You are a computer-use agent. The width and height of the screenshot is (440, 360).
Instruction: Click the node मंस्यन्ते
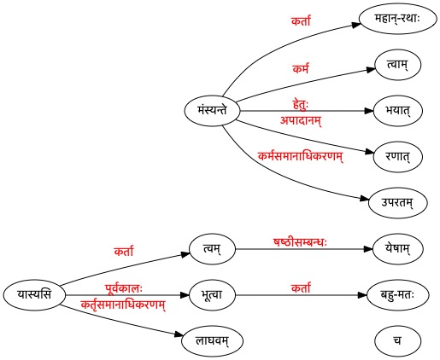(x=212, y=111)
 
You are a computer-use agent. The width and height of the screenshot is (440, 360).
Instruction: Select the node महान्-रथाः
(x=397, y=19)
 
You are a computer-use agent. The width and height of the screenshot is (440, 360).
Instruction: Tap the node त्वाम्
(x=397, y=65)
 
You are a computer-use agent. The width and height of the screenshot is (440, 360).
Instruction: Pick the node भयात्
(x=397, y=111)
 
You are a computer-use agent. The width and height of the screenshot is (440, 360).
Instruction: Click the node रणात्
(x=397, y=157)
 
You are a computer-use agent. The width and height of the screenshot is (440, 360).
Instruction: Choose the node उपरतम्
(x=397, y=203)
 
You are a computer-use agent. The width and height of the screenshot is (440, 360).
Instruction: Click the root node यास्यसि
(x=34, y=295)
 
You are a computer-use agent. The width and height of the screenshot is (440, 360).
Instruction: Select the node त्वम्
(x=212, y=249)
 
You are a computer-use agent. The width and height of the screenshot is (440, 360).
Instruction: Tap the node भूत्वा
(x=212, y=295)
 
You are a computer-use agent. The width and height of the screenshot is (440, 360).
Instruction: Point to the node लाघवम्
(x=212, y=341)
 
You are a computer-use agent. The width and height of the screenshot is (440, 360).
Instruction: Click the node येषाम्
(x=397, y=249)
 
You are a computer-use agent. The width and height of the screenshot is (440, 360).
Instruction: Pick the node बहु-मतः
(x=397, y=295)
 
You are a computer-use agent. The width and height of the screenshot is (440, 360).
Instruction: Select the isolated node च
(x=397, y=341)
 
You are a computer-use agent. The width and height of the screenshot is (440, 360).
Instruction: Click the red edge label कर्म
(x=301, y=69)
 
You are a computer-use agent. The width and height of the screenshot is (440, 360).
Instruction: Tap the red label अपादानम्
(x=301, y=120)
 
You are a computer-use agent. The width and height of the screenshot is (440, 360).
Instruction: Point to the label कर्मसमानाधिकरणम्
(x=301, y=156)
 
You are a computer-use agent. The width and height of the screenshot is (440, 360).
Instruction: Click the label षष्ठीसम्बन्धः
(x=301, y=242)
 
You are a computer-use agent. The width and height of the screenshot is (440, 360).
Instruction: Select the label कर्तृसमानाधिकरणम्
(x=123, y=305)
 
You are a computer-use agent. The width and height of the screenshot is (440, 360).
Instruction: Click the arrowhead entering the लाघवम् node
(x=179, y=334)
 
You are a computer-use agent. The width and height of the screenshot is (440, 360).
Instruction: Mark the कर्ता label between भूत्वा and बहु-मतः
(x=301, y=288)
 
